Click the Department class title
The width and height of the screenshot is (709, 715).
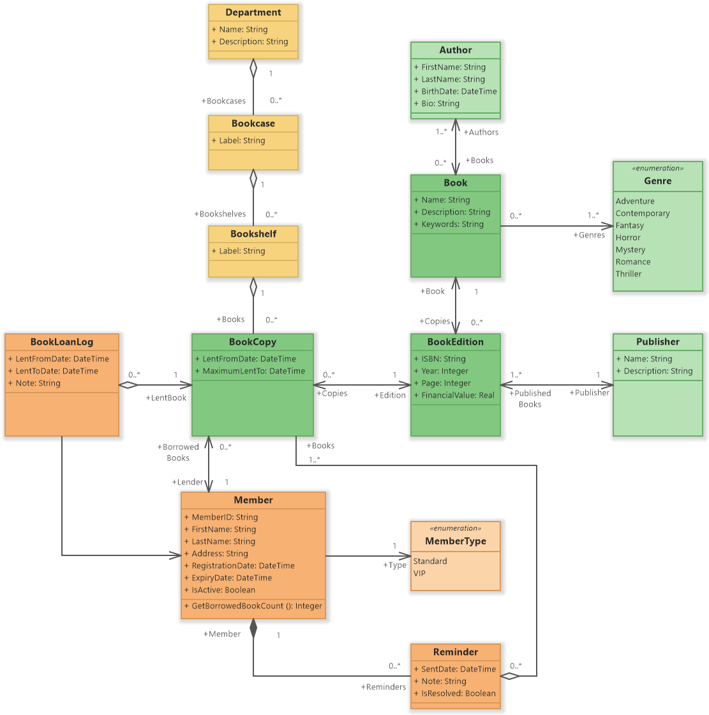coord(253,13)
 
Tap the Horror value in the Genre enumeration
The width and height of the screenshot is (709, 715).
coord(628,237)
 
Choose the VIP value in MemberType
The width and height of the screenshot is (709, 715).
coord(419,573)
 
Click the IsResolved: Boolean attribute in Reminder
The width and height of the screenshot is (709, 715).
coord(458,693)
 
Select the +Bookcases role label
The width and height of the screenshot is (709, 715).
coord(223,101)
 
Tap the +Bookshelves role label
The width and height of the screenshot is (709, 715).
coord(220,214)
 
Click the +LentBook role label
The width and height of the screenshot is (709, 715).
coord(166,398)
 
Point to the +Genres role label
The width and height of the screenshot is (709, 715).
coord(589,235)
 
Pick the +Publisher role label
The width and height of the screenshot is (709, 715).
coord(589,393)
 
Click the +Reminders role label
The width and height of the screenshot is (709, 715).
coord(383,687)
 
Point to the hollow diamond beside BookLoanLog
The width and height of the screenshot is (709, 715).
coord(128,385)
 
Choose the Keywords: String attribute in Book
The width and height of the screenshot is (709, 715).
coord(452,224)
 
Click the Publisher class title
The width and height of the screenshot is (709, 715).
coord(657,342)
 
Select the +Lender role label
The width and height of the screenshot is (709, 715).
coord(188,482)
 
